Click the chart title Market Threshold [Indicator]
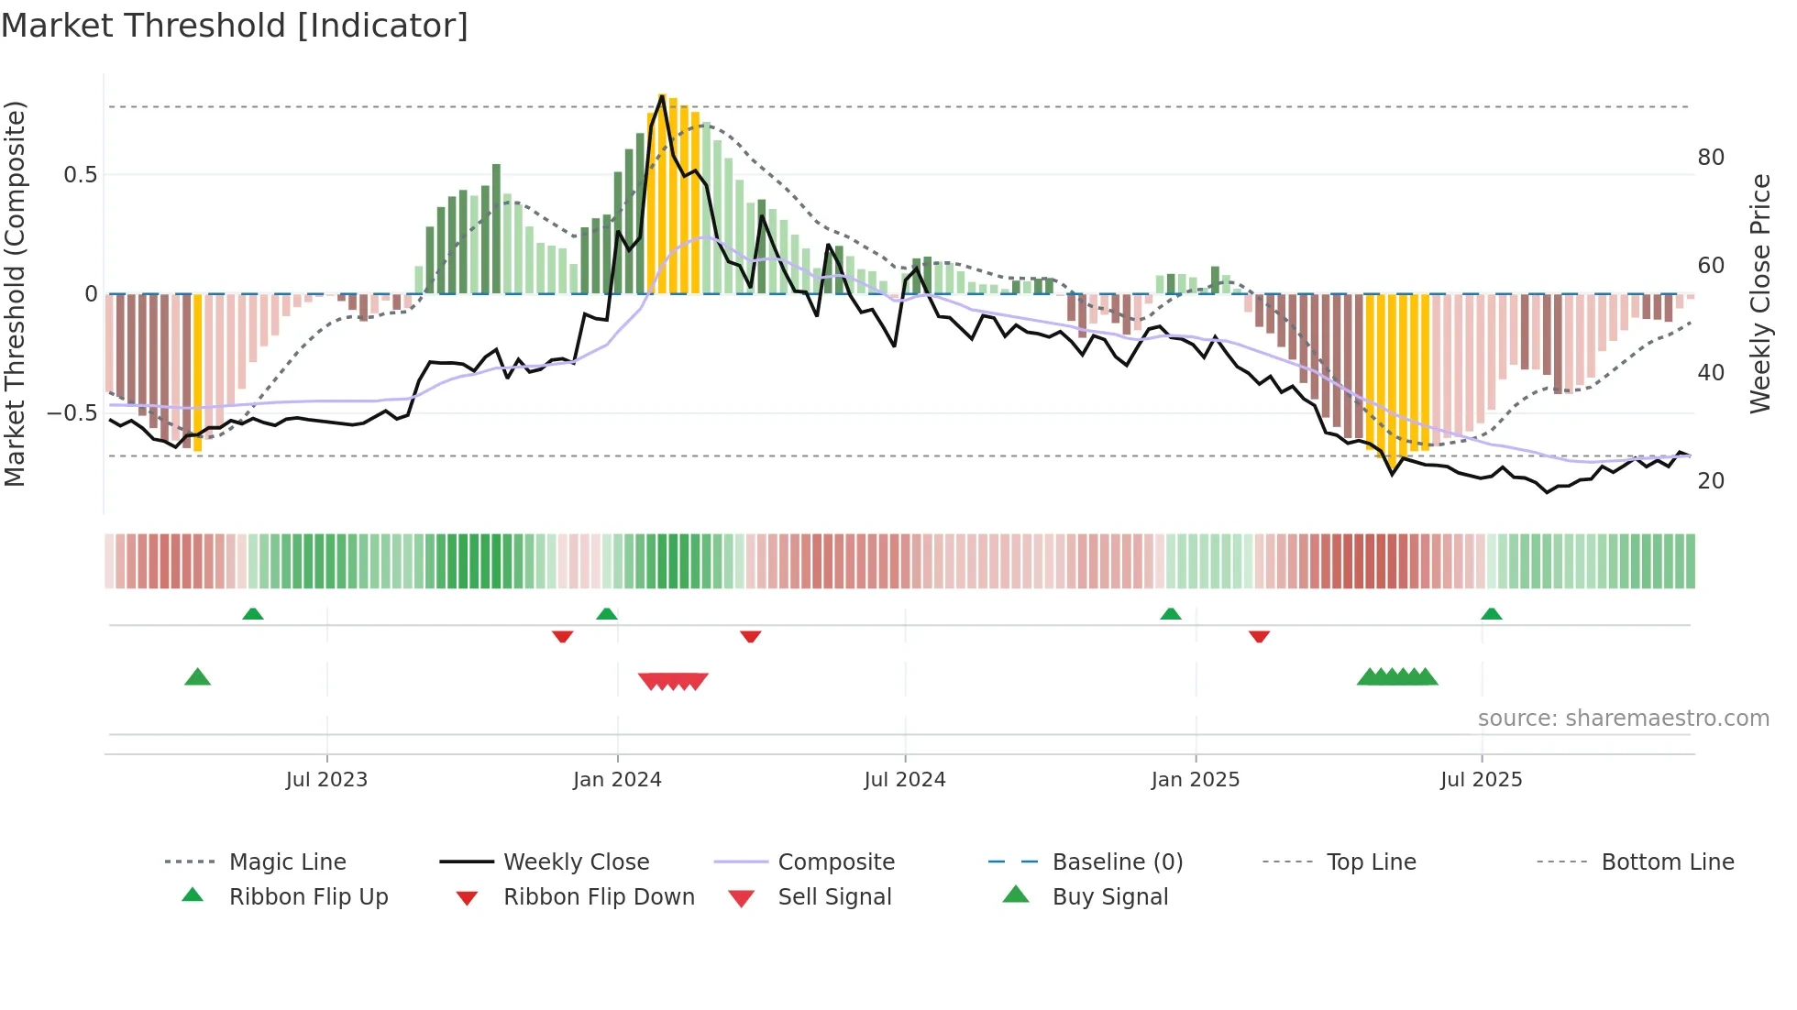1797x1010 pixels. (235, 26)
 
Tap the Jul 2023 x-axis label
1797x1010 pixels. (326, 780)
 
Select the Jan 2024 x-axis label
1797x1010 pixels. (617, 780)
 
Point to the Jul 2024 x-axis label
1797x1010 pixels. (905, 780)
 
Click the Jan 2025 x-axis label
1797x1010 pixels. (1196, 780)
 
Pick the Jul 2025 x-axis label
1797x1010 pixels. (1482, 780)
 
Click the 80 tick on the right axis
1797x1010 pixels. (1711, 158)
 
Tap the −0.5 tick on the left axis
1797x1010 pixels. (72, 413)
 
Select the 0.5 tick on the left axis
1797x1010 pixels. (80, 175)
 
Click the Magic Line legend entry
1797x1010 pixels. (287, 862)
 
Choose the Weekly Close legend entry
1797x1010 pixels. (576, 862)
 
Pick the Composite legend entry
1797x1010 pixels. (835, 862)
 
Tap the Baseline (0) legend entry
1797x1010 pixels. (1117, 862)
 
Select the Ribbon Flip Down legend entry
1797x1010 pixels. (599, 897)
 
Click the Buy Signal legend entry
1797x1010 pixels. (1109, 897)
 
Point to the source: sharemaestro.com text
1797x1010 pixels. (1623, 719)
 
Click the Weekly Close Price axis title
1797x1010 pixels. (1759, 293)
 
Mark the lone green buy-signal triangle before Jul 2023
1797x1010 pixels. (198, 677)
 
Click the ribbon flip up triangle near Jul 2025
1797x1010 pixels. (1492, 614)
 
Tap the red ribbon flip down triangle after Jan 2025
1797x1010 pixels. (1259, 636)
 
